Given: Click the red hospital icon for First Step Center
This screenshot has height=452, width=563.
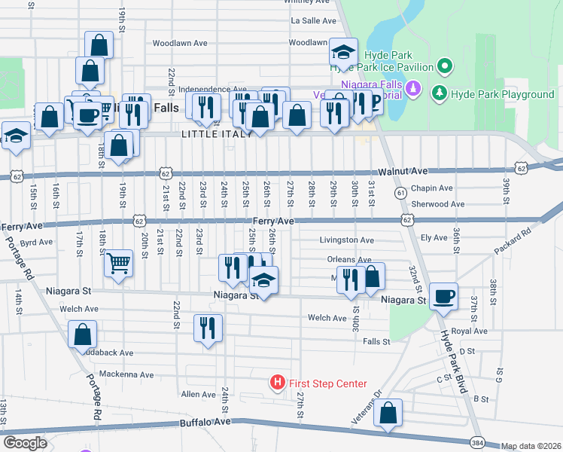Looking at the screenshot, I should tap(278, 383).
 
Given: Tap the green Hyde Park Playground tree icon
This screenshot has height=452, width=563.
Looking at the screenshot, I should tap(439, 94).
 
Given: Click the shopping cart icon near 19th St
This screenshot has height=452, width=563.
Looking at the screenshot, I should tap(117, 264).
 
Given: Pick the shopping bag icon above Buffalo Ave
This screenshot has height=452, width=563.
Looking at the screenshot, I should tap(388, 414).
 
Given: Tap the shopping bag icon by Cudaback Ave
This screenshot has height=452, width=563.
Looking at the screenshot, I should tap(82, 334).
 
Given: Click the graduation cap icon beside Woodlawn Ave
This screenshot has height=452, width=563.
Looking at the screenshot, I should tap(343, 52).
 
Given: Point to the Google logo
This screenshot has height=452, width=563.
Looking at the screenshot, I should tap(25, 443).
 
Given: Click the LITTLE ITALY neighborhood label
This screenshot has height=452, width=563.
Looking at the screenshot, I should tap(209, 133).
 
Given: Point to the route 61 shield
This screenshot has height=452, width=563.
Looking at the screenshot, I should tap(401, 193).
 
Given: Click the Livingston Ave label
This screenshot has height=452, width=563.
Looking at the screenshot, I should tap(345, 240).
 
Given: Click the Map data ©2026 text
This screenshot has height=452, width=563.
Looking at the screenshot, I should tap(531, 446).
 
